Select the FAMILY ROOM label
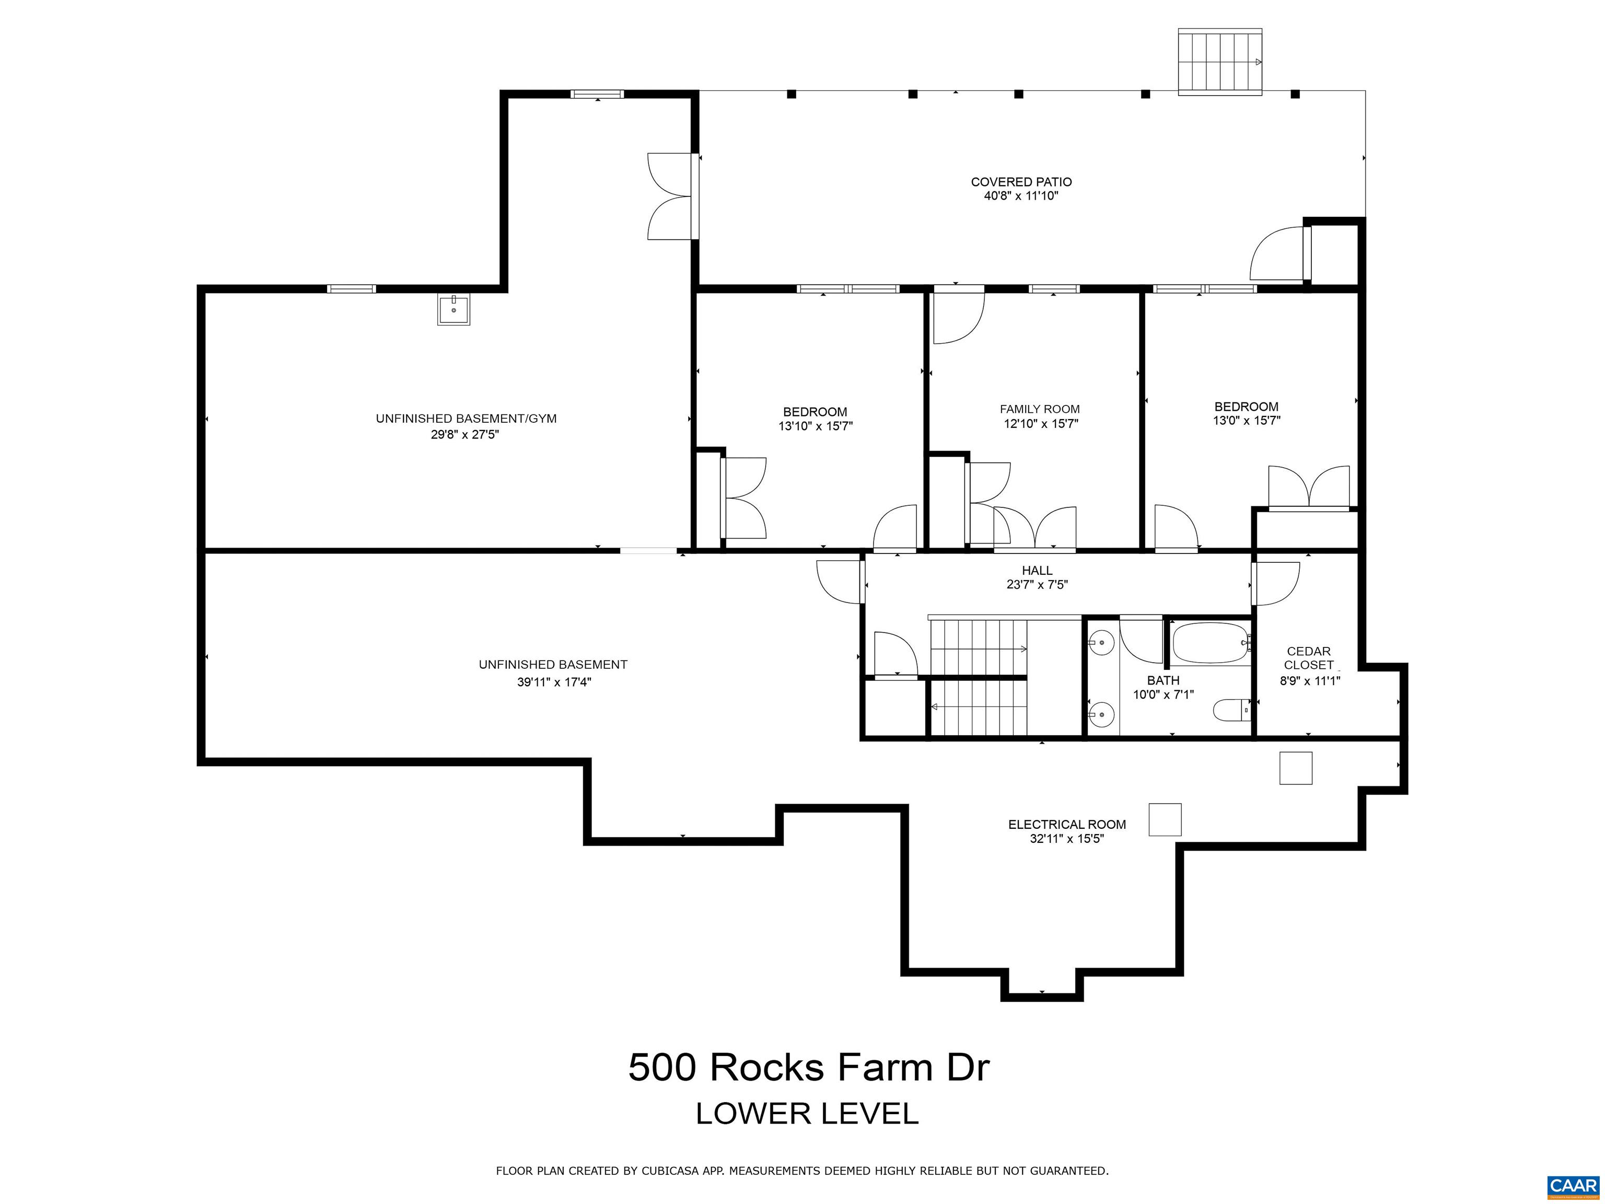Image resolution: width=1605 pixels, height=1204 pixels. (1040, 409)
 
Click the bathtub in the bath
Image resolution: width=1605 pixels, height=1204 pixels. (1209, 643)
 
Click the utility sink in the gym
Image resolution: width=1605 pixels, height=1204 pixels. (453, 309)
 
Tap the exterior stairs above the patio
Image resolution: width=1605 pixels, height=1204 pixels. (1220, 62)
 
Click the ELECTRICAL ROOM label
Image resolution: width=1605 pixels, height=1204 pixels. (1067, 825)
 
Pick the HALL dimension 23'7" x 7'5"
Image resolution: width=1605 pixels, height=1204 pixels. (1037, 585)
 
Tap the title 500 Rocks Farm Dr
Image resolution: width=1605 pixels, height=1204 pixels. (808, 1068)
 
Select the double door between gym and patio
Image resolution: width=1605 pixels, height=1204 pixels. (671, 196)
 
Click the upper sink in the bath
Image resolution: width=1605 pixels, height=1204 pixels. (1101, 642)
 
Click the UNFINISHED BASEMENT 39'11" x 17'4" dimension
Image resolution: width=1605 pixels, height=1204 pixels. (554, 682)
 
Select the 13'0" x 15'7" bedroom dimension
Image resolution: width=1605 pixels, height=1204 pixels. (1246, 421)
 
